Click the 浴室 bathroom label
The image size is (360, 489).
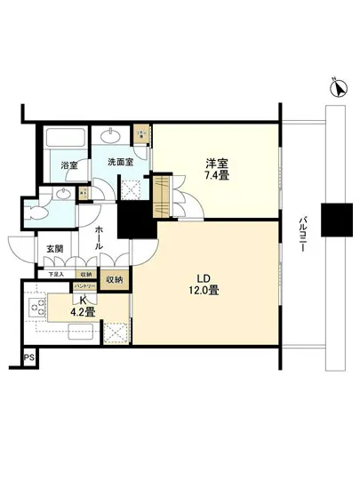68,165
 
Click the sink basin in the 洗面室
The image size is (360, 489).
114,136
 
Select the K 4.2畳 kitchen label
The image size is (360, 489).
84,306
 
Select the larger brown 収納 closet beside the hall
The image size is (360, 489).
116,280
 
